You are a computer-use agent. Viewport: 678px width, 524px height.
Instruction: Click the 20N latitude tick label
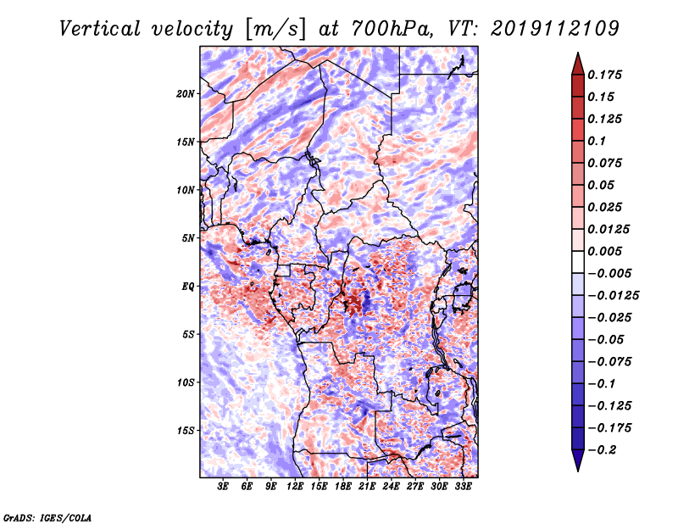[185, 93]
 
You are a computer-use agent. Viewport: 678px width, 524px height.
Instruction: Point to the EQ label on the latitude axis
[187, 287]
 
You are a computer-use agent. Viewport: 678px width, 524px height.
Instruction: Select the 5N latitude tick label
[188, 238]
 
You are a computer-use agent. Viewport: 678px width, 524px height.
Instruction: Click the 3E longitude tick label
[222, 487]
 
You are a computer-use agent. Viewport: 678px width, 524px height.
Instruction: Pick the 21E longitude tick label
[366, 487]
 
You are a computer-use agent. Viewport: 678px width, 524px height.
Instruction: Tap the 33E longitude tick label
[463, 487]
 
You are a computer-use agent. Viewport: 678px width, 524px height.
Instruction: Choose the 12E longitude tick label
[294, 487]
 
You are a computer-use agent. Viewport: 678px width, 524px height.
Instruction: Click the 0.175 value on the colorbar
[604, 75]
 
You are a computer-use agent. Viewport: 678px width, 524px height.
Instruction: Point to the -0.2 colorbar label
[602, 450]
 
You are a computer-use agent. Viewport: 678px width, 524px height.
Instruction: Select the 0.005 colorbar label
[604, 251]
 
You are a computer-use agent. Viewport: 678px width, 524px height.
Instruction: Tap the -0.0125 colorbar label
[613, 296]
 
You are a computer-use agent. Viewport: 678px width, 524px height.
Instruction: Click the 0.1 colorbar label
[597, 141]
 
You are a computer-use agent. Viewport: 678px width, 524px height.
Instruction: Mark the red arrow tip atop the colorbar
[578, 53]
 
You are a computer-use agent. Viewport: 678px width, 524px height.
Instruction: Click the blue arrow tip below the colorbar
[578, 471]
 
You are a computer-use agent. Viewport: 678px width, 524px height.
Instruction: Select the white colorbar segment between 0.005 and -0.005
[578, 262]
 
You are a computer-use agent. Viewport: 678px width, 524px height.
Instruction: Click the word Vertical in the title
[100, 29]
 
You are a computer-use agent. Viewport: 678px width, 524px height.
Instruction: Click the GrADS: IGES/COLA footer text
[47, 517]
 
